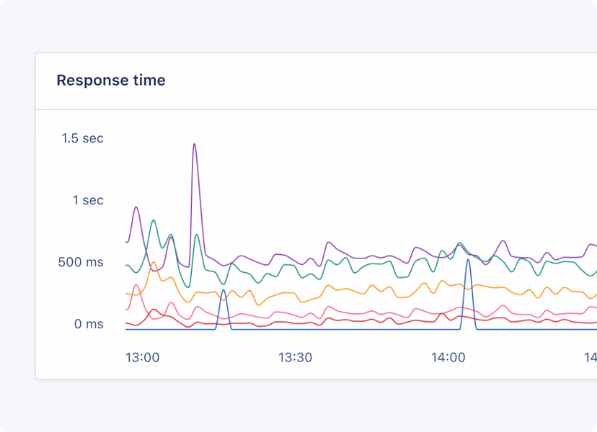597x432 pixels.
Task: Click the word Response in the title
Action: (91, 81)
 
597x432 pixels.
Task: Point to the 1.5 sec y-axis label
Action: (82, 138)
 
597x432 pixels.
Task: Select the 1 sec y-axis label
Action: (88, 200)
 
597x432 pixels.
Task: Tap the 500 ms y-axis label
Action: (81, 262)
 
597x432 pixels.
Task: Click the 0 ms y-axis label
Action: (89, 324)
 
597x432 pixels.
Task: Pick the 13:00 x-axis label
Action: (142, 357)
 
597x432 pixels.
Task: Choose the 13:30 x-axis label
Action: (295, 357)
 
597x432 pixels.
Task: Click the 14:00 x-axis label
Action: (448, 357)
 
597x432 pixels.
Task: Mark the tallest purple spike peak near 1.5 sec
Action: (194, 144)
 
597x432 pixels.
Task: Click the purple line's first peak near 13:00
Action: (136, 207)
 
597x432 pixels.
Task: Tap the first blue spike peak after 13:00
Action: (224, 290)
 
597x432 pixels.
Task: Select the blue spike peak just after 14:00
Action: (469, 260)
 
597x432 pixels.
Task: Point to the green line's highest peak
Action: (153, 220)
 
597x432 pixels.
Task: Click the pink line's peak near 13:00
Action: (136, 285)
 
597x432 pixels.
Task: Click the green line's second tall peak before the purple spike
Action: (171, 235)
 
